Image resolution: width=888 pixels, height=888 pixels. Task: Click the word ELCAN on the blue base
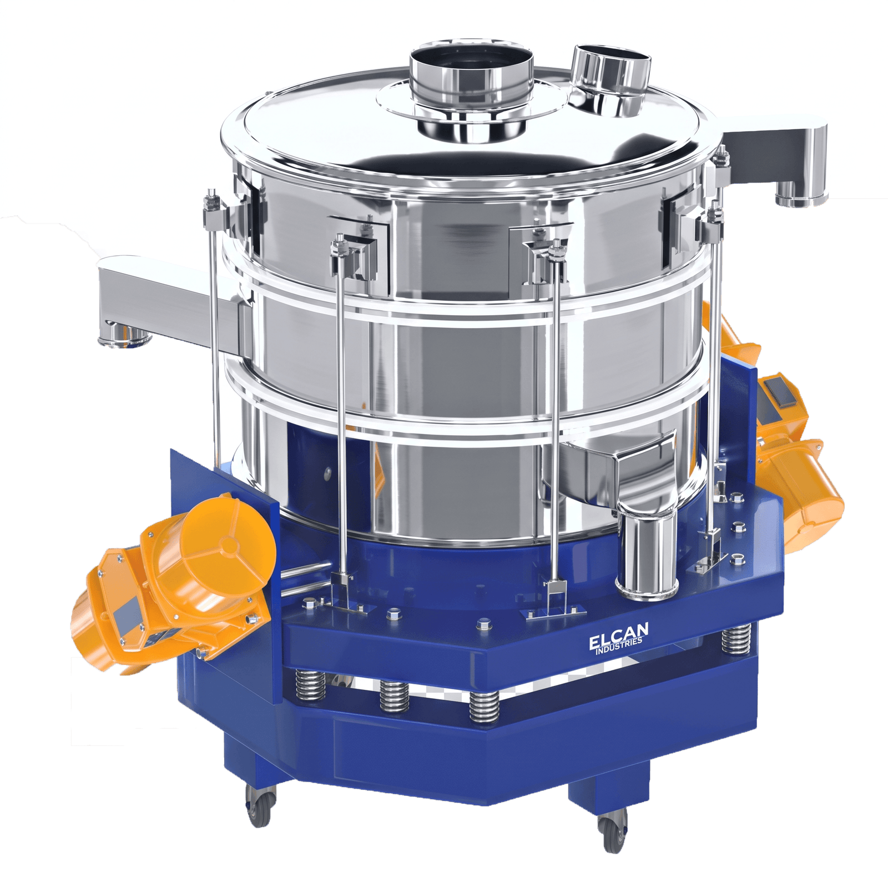click(x=618, y=636)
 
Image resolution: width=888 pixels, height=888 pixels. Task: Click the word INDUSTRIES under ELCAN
click(x=619, y=647)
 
